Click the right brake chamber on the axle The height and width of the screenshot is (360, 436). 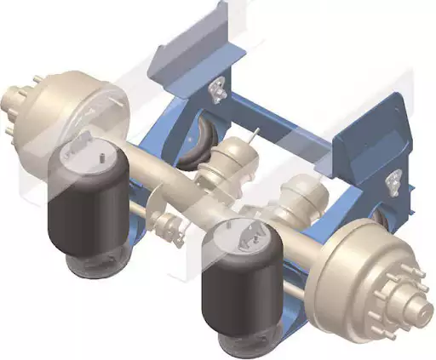click(x=303, y=199)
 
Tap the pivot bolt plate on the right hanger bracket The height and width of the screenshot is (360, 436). click(x=393, y=180)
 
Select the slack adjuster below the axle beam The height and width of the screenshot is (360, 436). click(x=169, y=226)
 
